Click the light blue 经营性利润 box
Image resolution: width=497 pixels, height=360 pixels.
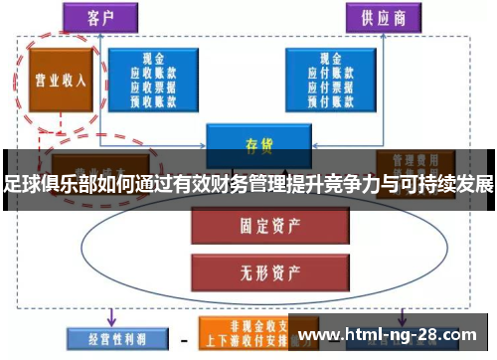108,338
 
